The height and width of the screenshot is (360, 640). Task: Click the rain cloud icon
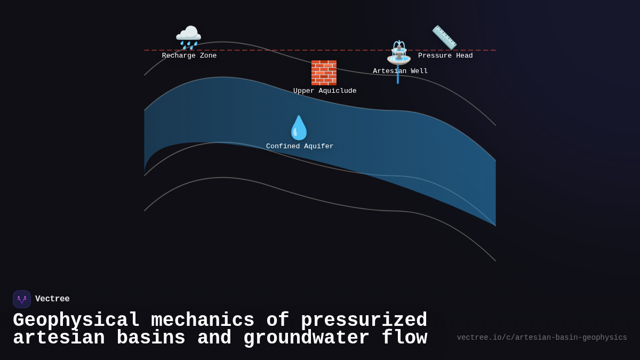(188, 37)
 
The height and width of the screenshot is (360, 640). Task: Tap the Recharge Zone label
(189, 56)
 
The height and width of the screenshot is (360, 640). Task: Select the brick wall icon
(324, 73)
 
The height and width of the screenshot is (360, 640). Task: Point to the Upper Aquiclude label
(325, 91)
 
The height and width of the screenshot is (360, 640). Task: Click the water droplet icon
(299, 128)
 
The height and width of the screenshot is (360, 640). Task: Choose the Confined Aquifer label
(300, 147)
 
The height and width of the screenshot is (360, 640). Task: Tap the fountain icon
(399, 52)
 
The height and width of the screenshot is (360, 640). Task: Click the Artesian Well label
(400, 71)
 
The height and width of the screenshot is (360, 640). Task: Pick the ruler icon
(444, 37)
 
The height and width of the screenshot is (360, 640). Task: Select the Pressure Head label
(445, 56)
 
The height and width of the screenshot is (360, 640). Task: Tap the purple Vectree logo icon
(22, 299)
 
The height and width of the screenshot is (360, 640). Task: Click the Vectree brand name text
(52, 299)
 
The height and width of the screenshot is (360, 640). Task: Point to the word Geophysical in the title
(76, 321)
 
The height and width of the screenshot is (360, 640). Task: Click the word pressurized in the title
(364, 321)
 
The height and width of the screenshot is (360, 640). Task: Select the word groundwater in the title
(307, 338)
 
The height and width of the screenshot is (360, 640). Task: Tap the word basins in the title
(151, 338)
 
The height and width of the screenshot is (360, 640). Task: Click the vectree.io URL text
(542, 338)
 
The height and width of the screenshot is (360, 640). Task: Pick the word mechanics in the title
(203, 321)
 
